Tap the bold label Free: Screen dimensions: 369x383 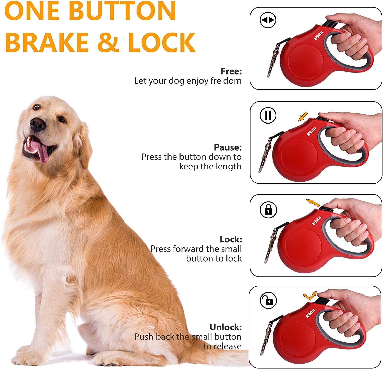(x=231, y=71)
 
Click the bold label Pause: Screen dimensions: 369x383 (x=228, y=147)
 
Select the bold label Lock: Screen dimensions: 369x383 (x=231, y=239)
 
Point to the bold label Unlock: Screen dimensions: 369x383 (x=225, y=327)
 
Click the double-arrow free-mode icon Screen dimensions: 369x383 (x=268, y=20)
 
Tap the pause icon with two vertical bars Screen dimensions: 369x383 (x=268, y=115)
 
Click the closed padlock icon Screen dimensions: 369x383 (x=268, y=210)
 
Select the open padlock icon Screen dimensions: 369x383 (x=268, y=301)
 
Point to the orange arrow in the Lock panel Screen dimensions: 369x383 (x=313, y=203)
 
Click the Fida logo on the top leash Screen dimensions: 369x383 (x=318, y=35)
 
